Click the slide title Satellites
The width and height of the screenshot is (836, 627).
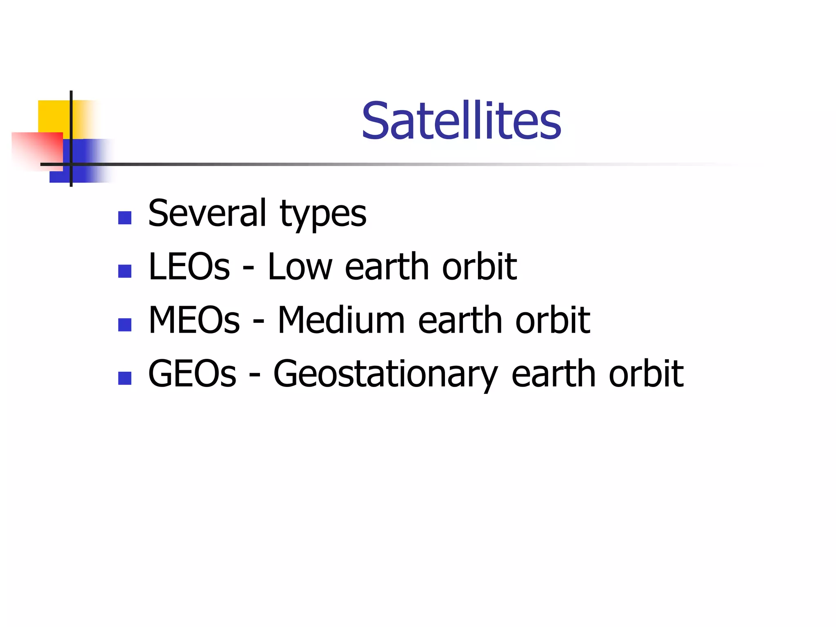[461, 121]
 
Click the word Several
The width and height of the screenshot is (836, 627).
[207, 213]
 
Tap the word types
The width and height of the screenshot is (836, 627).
[323, 215]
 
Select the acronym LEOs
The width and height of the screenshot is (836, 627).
[189, 267]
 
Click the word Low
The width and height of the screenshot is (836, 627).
[300, 267]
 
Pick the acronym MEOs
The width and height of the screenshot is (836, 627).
[194, 320]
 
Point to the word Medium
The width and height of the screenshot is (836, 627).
[341, 320]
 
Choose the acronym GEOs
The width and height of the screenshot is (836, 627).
[192, 374]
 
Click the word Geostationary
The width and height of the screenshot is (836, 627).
[385, 375]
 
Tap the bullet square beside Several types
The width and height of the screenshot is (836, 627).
[125, 218]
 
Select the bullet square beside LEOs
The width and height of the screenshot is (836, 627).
[125, 271]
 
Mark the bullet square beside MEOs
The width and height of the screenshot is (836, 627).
[125, 325]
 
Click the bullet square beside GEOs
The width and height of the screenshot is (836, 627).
[125, 378]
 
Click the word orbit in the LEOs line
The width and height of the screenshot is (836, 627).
[480, 267]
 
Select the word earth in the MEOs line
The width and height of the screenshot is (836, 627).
[460, 320]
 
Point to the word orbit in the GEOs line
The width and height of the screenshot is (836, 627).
[646, 374]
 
